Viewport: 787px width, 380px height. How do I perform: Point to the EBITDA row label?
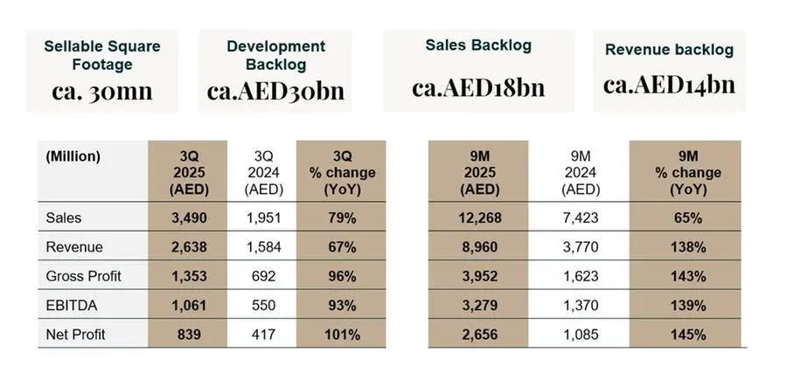pos(68,306)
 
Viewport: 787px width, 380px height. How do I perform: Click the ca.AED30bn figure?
pos(275,91)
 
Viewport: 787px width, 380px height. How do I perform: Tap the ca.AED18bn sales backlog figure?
pos(478,87)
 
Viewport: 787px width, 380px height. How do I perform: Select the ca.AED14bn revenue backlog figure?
pos(669,84)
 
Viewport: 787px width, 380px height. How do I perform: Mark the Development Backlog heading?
pos(275,54)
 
